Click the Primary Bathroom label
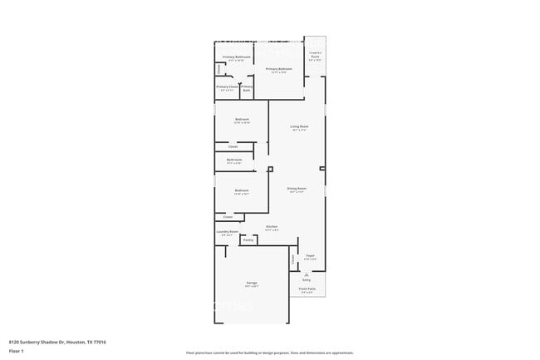point(236,57)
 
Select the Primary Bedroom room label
point(278,70)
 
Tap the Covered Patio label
point(316,57)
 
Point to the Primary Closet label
point(227,87)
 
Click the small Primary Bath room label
point(247,87)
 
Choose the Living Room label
point(299,127)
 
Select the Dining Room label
point(297,189)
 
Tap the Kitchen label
point(271,226)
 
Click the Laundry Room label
point(228,232)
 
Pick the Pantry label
point(248,240)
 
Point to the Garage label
point(251,284)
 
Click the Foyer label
point(310,256)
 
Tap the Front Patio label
point(307,289)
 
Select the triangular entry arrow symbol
point(307,275)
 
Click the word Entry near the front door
point(307,281)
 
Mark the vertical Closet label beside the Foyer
point(293,261)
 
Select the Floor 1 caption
point(16,351)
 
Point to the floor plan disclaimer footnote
point(269,353)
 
